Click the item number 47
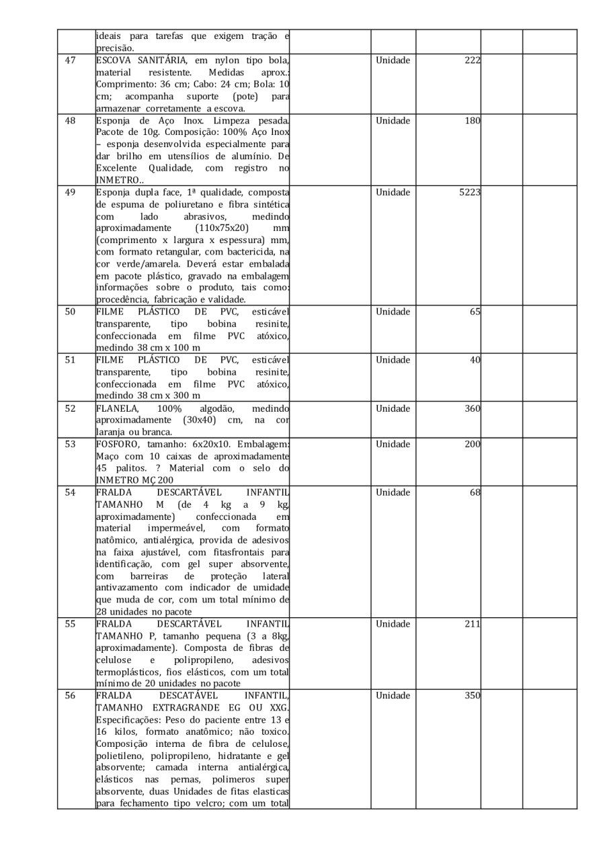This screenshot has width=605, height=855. (70, 60)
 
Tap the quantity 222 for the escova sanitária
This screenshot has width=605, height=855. (473, 60)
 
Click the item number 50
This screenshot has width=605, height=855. (70, 312)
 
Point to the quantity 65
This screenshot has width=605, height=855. (475, 312)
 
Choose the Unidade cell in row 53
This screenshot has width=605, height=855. (393, 445)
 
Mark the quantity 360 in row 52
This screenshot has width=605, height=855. (472, 408)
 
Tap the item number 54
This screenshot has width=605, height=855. (70, 493)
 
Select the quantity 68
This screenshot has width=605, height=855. (475, 493)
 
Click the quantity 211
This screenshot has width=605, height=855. (473, 625)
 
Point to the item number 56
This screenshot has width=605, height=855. (70, 696)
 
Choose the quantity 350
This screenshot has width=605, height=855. (472, 696)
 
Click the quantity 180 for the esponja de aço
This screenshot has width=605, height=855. (472, 121)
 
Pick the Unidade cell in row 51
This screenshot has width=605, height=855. (393, 360)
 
